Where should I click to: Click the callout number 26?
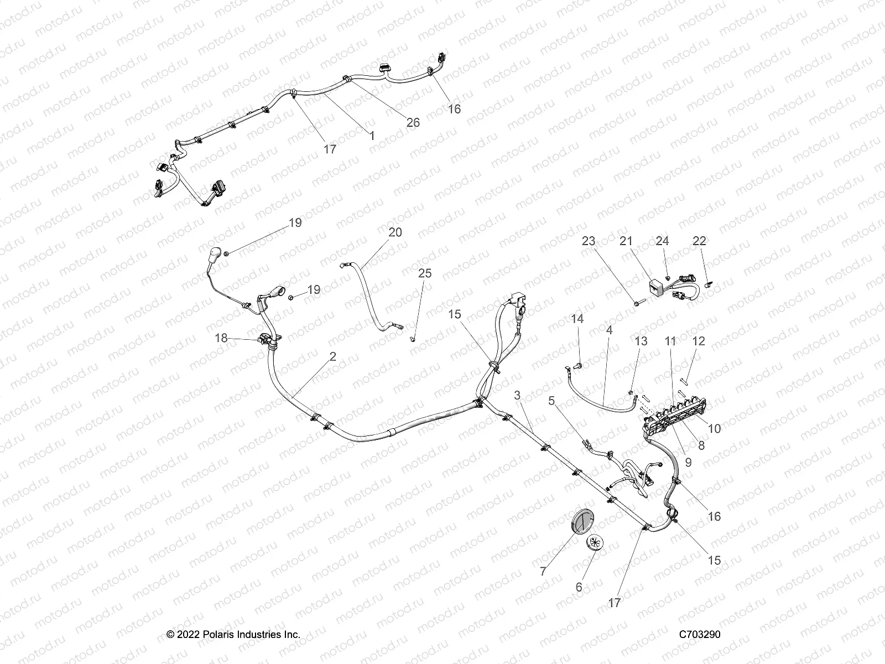tap(413, 123)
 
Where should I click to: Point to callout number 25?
tap(425, 273)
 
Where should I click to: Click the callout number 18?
tap(221, 338)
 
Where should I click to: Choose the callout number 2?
tap(332, 357)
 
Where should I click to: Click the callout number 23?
tap(588, 241)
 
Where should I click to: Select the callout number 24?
tap(662, 241)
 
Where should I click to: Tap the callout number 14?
tap(577, 319)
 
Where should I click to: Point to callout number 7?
tap(543, 572)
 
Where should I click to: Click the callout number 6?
tap(579, 587)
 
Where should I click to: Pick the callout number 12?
tap(699, 341)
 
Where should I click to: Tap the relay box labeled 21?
tap(657, 287)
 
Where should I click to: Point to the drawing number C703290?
tap(700, 635)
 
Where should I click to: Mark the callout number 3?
tap(517, 395)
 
